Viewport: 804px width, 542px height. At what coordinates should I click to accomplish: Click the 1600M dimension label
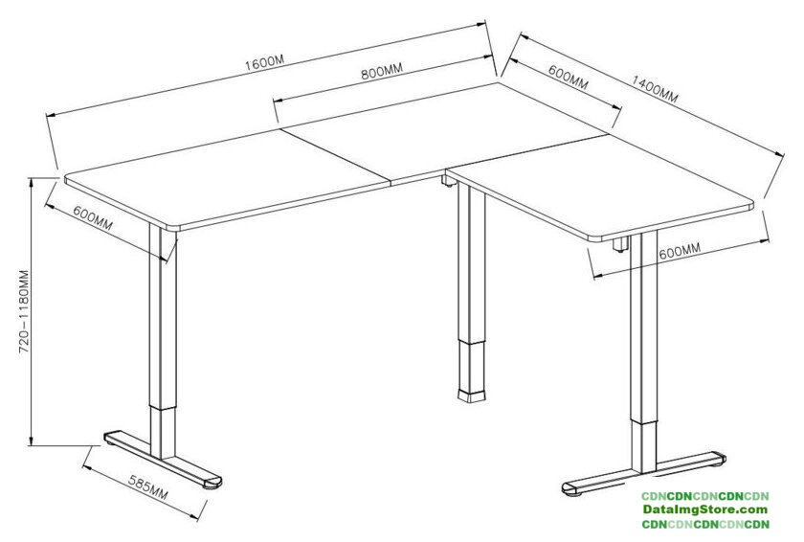(264, 62)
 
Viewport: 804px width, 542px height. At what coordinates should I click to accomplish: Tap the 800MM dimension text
(382, 71)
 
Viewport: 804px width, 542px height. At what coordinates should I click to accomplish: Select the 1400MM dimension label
(655, 89)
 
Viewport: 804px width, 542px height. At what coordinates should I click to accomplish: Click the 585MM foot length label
(147, 487)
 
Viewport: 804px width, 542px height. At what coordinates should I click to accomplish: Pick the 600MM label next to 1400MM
(568, 77)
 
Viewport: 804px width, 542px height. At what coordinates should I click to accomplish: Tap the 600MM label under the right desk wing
(680, 251)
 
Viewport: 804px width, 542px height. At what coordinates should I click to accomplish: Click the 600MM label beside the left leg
(92, 217)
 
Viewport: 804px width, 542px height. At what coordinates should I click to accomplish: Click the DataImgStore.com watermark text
(705, 509)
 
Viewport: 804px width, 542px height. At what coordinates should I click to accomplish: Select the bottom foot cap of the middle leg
(471, 395)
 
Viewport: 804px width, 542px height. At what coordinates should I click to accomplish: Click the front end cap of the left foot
(212, 483)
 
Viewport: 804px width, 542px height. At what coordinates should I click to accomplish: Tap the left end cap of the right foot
(570, 488)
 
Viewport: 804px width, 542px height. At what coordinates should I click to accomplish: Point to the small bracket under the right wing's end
(620, 244)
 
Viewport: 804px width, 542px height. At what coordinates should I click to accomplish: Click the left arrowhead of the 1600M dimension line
(50, 115)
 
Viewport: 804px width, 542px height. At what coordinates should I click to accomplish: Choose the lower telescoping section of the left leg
(163, 433)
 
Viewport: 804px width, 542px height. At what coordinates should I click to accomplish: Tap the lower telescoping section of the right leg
(643, 446)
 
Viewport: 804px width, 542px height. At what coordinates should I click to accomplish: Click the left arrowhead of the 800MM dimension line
(277, 101)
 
